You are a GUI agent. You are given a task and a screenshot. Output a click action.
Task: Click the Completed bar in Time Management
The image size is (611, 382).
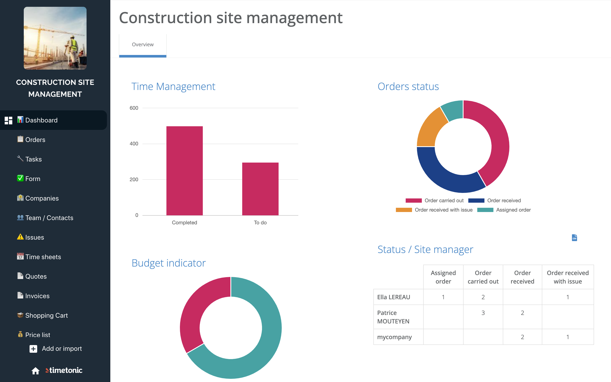coord(184,171)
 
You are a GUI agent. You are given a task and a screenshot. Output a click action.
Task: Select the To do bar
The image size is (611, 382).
coord(260,189)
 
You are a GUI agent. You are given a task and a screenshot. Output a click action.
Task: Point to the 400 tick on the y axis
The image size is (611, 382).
coord(134,144)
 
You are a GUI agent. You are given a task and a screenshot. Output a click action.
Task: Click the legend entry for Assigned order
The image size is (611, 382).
coord(504,210)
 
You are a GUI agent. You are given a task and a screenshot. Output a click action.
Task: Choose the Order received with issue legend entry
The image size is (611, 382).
coord(434,210)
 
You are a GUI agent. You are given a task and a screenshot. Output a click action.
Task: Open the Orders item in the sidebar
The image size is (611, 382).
coord(35,140)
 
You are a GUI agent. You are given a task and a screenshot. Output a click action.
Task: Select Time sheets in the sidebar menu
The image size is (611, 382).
coord(43,257)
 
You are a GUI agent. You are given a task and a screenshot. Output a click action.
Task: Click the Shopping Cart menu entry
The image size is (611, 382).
coord(46,316)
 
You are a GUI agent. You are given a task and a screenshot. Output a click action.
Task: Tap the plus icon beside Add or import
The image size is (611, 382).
coord(33,349)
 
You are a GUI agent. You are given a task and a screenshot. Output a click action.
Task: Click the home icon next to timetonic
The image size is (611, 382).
coord(35,371)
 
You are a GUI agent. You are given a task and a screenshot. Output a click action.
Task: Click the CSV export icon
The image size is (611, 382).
coord(574,238)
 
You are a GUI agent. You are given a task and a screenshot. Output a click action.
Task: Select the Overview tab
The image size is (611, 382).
coord(143,45)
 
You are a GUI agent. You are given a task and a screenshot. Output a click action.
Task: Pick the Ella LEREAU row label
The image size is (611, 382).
coord(394,297)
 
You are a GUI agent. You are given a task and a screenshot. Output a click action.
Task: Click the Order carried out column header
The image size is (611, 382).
coord(483,277)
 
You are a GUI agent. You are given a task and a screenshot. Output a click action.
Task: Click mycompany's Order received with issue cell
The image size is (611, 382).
coord(568,337)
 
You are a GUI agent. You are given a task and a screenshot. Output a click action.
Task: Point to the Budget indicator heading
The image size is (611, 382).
coord(169,263)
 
